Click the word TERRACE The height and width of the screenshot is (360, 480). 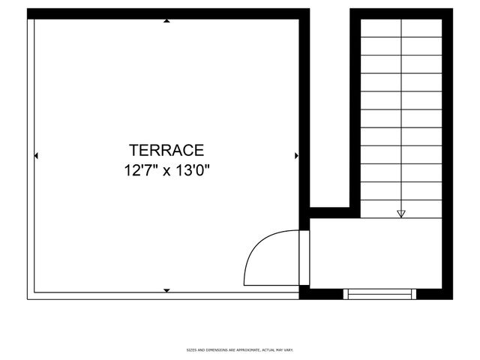point(166,150)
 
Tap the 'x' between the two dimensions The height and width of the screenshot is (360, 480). point(166,171)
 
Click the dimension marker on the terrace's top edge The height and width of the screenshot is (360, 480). point(166,21)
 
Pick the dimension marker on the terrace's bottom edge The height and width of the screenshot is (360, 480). point(166,290)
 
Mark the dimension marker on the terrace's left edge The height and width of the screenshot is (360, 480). point(36,156)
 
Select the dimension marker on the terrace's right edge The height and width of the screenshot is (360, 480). point(297,156)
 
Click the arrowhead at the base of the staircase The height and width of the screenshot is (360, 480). point(401,214)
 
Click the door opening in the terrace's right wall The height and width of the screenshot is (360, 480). point(304,257)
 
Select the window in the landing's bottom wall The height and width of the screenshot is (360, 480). point(381,293)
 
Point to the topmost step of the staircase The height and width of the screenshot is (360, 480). point(401,28)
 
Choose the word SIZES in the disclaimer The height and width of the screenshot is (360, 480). point(191,349)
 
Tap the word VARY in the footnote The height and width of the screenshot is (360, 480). point(288,349)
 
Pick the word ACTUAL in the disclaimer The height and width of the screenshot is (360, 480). point(265,349)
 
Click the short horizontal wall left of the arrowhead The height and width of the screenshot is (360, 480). point(330,212)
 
